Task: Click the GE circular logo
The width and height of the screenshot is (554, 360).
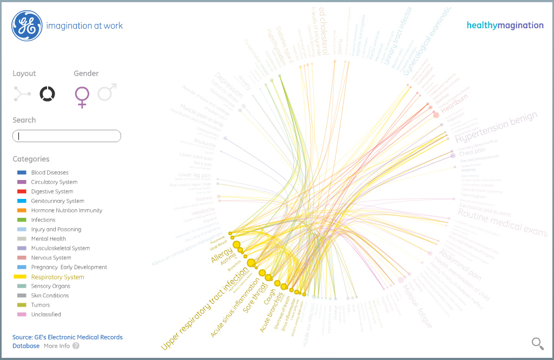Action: point(27,25)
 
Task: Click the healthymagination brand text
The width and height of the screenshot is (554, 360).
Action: point(505,25)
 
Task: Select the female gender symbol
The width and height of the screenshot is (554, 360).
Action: point(82,96)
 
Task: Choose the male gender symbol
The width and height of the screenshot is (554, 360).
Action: point(107,93)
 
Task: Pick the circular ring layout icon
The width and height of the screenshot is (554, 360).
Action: point(47,94)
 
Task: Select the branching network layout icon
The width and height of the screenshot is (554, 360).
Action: point(23,94)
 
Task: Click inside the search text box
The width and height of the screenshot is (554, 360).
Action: point(67,136)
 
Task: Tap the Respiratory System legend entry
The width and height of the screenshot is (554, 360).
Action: point(57,277)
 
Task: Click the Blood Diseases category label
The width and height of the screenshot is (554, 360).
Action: point(50,172)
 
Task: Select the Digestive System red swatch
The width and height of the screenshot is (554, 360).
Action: point(22,191)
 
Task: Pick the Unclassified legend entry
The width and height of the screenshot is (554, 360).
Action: point(46,314)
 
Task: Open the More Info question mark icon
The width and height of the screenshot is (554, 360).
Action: point(76,346)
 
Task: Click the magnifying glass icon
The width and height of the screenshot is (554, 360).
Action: point(537,343)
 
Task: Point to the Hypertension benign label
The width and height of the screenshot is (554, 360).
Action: point(497,128)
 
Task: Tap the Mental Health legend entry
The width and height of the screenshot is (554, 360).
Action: point(48,238)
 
